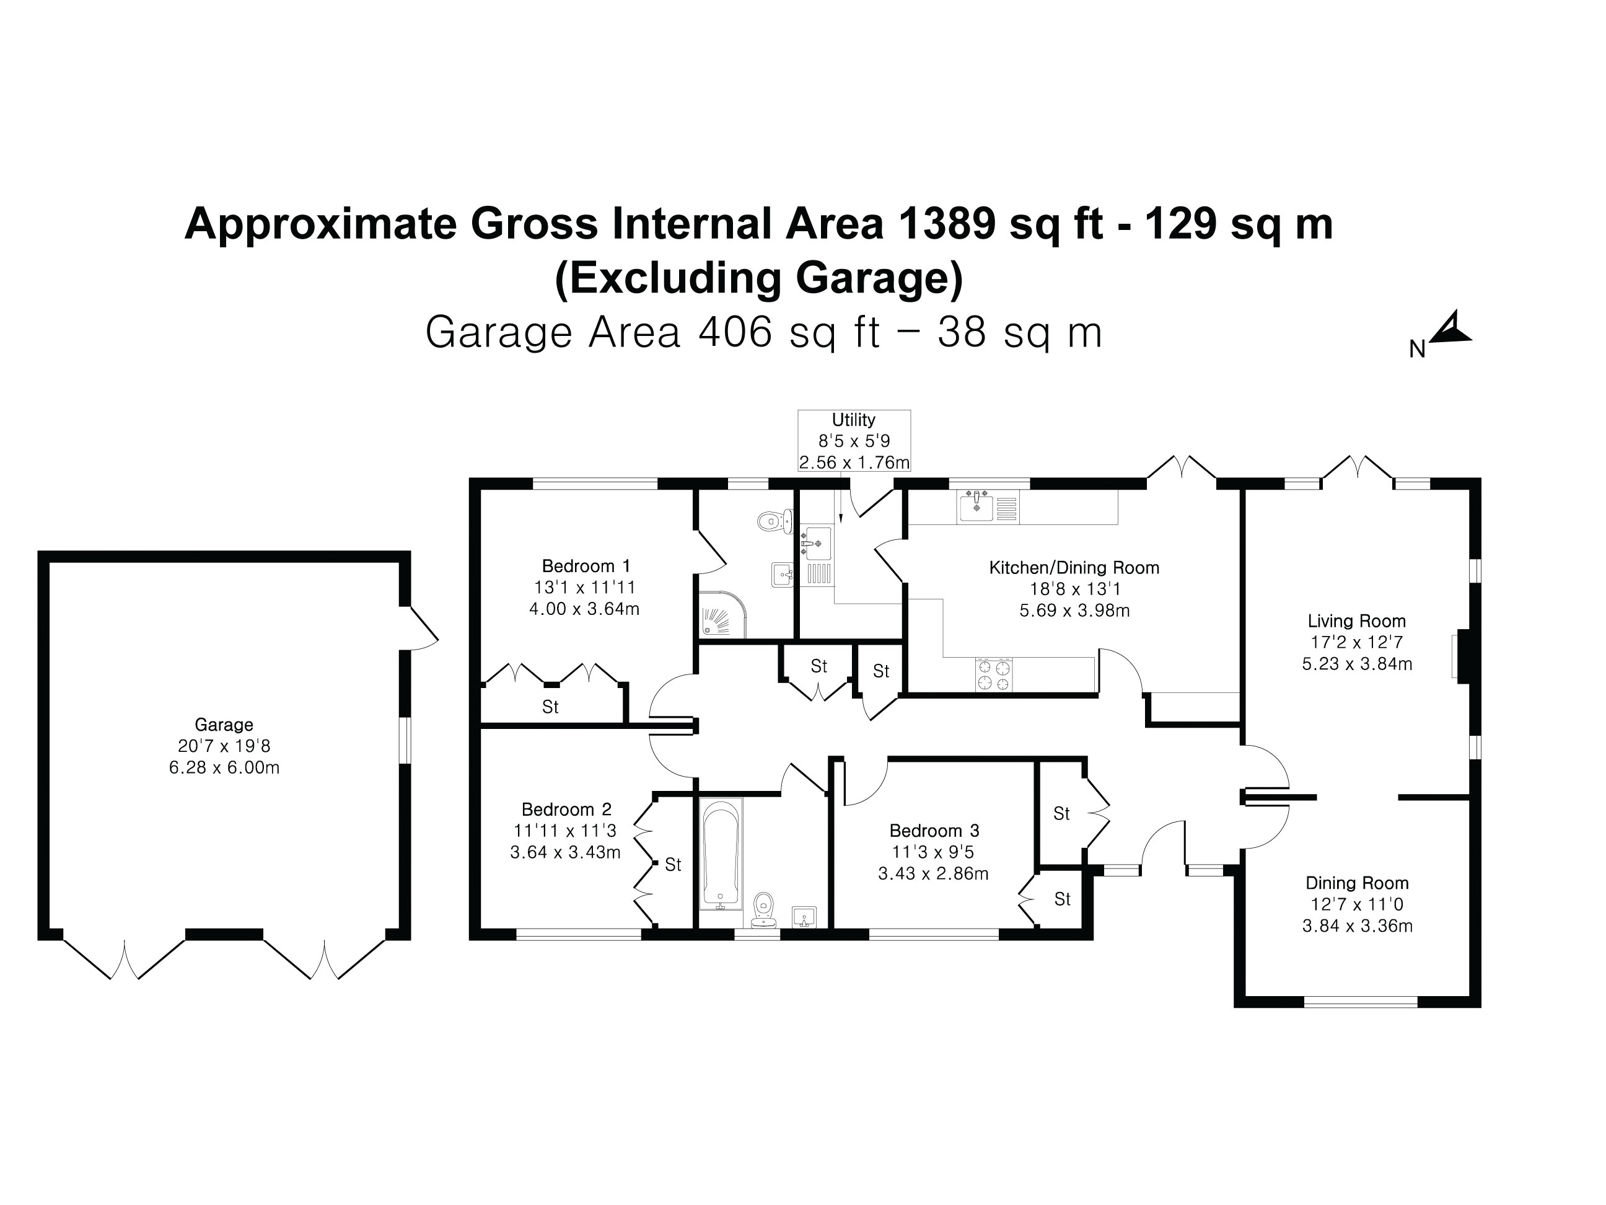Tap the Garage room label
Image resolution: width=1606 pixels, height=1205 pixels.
(224, 724)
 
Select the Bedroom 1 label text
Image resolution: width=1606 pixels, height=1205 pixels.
(586, 566)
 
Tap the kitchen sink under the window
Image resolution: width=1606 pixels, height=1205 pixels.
(975, 506)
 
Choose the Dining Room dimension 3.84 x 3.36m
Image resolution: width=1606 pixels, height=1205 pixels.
(1357, 926)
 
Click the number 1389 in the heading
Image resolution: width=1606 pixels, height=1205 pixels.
(946, 223)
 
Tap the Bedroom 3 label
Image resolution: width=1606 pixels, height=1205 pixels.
(934, 830)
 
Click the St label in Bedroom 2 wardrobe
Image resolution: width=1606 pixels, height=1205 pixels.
(672, 864)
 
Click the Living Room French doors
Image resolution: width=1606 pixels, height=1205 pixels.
(1357, 470)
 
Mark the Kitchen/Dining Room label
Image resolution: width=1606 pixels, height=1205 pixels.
(1074, 567)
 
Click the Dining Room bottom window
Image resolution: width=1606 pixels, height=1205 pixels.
(1360, 1002)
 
